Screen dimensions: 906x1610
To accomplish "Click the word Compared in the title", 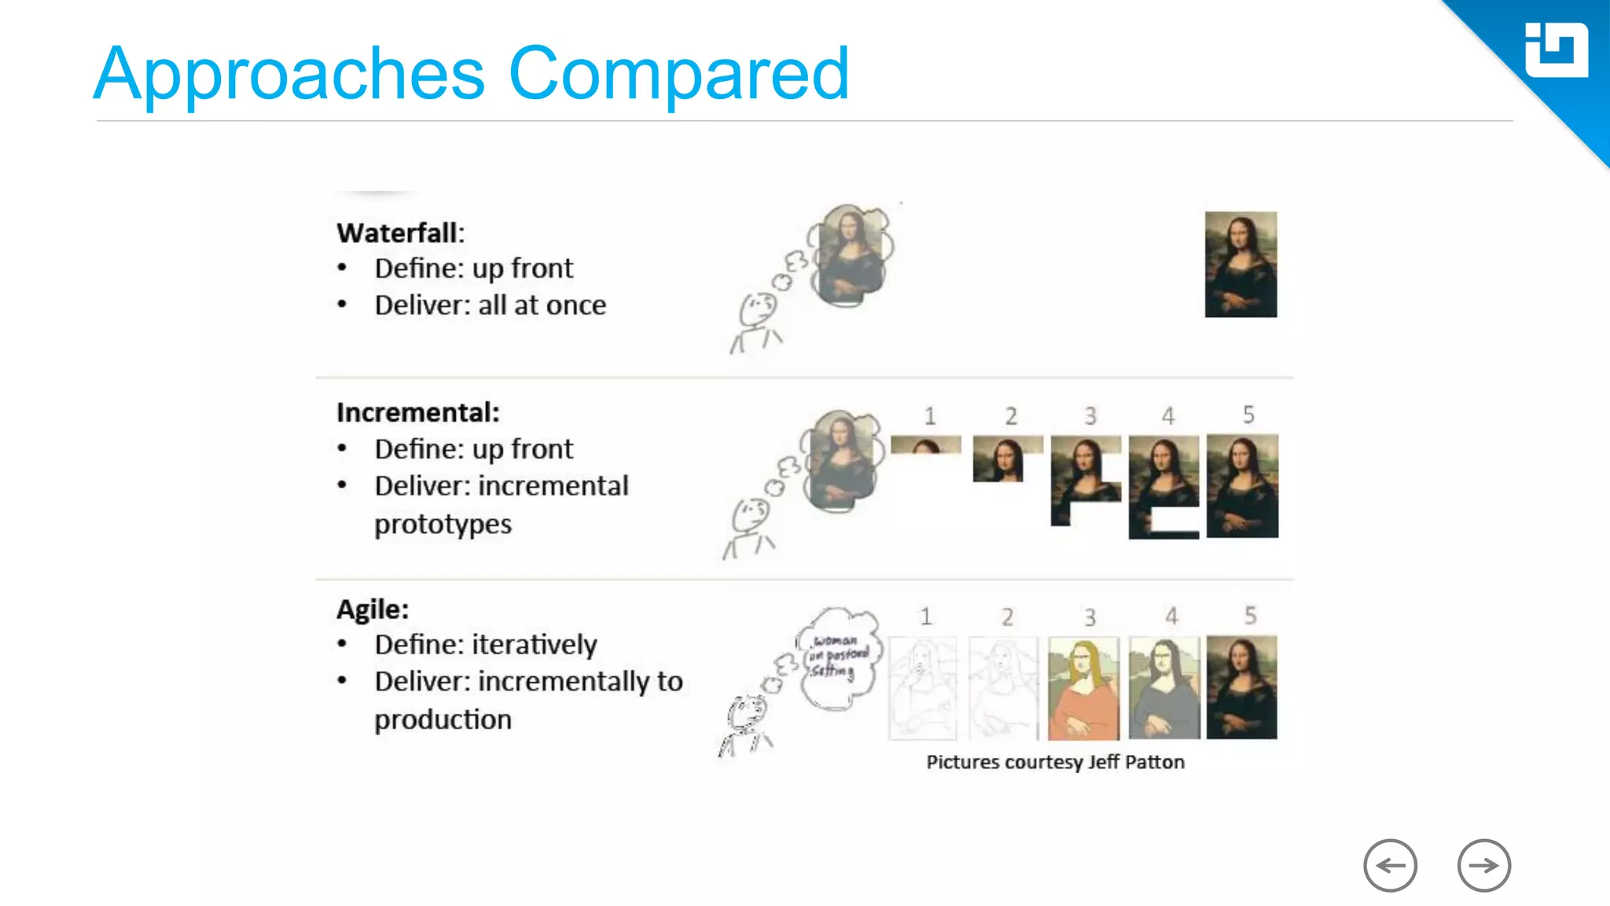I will click(679, 74).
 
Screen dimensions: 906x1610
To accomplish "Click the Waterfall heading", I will click(400, 233).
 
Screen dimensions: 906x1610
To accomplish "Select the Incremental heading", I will click(417, 413).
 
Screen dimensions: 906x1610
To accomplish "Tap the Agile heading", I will click(373, 610).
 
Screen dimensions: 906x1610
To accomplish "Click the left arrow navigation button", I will click(1390, 866).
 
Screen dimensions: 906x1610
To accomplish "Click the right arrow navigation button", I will click(1483, 866).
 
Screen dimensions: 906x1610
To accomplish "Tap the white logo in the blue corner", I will click(1556, 50).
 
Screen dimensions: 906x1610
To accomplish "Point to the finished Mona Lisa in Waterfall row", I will click(1241, 264).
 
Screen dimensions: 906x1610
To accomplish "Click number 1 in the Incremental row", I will click(930, 416).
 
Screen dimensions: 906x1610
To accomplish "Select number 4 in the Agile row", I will click(1171, 616).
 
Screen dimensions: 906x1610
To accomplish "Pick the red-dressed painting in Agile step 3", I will click(1083, 688).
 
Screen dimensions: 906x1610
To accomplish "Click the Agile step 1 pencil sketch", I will click(922, 688).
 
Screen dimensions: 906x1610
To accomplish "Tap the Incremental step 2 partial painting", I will click(999, 459).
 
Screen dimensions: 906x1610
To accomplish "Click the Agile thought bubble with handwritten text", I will click(839, 657).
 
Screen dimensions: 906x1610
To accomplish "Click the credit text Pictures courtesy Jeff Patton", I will click(1055, 762).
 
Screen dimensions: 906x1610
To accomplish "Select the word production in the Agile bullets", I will click(443, 720).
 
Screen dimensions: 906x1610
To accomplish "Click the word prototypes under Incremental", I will click(443, 525).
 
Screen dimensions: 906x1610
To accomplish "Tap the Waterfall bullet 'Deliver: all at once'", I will click(490, 305).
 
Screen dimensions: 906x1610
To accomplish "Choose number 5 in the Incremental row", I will click(1248, 414).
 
